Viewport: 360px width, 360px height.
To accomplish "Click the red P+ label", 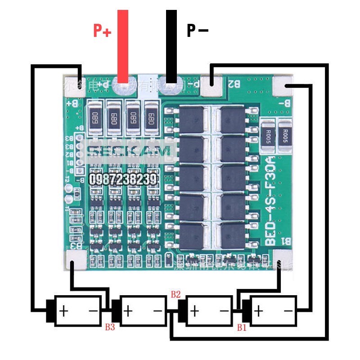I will click(x=102, y=31).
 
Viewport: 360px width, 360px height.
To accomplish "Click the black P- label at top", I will click(x=198, y=31).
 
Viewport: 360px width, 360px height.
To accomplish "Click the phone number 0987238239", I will click(x=123, y=180).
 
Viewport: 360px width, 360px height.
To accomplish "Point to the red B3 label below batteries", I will click(x=110, y=327).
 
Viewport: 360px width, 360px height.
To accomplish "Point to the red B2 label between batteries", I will click(x=175, y=295).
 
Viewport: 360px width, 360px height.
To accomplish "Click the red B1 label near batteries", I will click(x=242, y=328).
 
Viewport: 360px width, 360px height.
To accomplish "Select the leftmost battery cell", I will click(x=76, y=310).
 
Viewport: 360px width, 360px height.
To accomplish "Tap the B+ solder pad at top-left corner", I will click(x=75, y=84).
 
